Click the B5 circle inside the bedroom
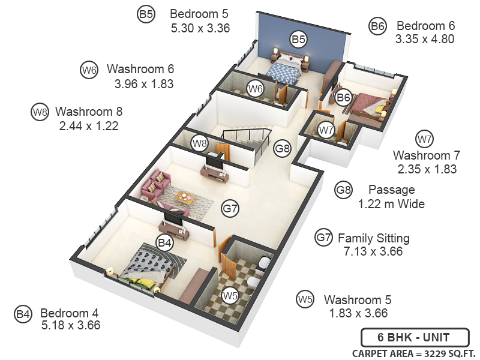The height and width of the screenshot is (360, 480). (299, 39)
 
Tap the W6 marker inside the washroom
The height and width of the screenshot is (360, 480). (256, 89)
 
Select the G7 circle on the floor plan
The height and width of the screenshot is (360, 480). (230, 209)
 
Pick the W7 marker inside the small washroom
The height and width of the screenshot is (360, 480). (326, 130)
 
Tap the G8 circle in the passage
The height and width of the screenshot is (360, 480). (283, 147)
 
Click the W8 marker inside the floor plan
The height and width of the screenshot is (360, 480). (200, 143)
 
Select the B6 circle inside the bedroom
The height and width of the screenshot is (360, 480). (343, 97)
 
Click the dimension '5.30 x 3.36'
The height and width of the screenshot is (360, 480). (200, 28)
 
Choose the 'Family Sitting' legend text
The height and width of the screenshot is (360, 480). (374, 238)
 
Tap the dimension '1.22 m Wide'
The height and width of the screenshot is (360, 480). (391, 204)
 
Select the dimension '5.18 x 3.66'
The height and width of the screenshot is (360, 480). (71, 325)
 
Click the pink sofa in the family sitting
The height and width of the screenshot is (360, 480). (156, 184)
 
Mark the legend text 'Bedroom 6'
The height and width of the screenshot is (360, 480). (426, 26)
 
